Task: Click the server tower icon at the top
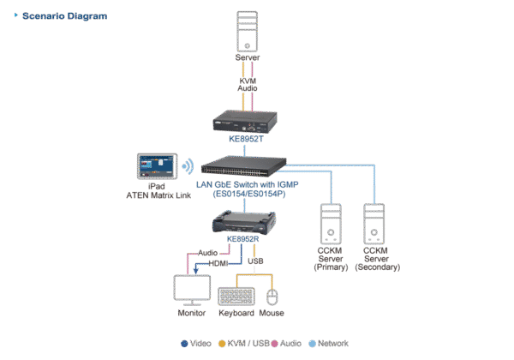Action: [x=248, y=31]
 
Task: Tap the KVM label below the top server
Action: [x=248, y=79]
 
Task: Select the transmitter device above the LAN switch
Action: [x=248, y=122]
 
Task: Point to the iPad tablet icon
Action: [x=157, y=165]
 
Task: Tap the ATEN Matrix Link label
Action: [x=157, y=193]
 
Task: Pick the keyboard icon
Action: [x=236, y=296]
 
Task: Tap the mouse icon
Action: [x=273, y=297]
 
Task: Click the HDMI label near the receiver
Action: [x=218, y=264]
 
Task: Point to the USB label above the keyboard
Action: [x=255, y=261]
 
